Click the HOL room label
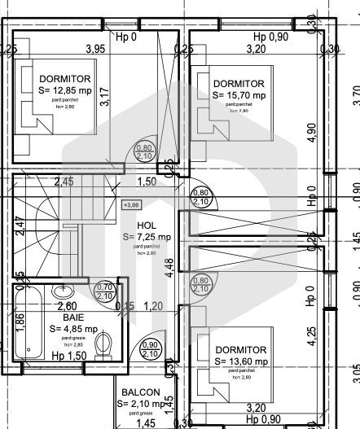[x=146, y=225]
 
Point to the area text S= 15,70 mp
[x=239, y=95]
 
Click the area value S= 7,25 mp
[x=147, y=237]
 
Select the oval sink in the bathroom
[x=63, y=291]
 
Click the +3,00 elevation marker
[x=130, y=206]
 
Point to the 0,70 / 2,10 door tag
[x=104, y=291]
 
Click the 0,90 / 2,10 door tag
[x=150, y=349]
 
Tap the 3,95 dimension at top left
[x=96, y=49]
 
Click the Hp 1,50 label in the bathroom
[x=68, y=357]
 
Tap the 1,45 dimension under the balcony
[x=145, y=422]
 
